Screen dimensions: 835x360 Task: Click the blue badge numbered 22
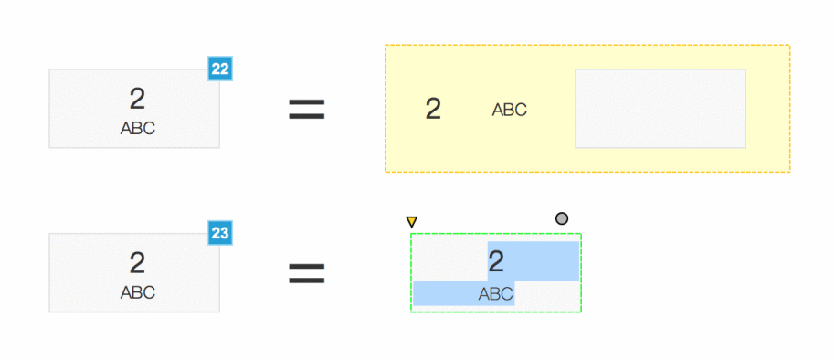click(220, 69)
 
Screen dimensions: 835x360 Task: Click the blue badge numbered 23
click(220, 233)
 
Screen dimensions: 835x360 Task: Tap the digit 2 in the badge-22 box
click(137, 99)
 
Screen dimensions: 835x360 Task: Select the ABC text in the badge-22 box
click(137, 128)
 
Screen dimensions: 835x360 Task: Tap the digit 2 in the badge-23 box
click(137, 263)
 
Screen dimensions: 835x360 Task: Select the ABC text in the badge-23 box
click(137, 292)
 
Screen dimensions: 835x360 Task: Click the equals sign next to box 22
click(307, 109)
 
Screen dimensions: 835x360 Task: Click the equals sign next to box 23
click(307, 273)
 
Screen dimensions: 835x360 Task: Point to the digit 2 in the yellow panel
click(433, 109)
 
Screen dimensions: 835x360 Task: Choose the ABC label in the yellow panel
click(509, 110)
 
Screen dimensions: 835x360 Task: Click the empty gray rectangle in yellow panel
click(661, 108)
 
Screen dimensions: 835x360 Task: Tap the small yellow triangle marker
click(412, 221)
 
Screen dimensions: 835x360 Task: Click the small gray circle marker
click(562, 218)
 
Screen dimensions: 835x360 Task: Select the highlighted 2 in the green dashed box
click(496, 262)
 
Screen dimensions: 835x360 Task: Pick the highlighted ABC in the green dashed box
click(495, 294)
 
